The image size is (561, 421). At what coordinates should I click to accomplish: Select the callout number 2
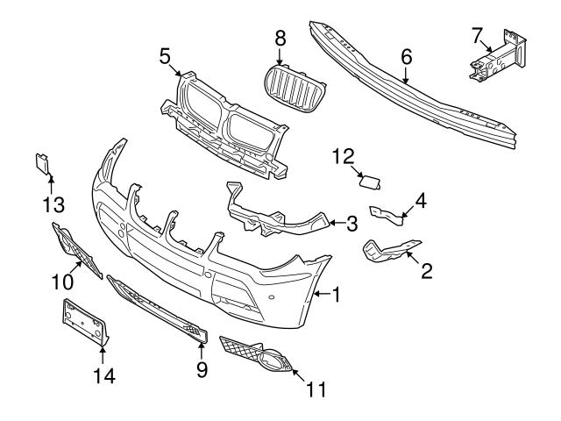(x=427, y=271)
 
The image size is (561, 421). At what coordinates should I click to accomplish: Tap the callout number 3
(x=352, y=224)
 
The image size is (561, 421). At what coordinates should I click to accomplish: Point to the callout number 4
(x=421, y=201)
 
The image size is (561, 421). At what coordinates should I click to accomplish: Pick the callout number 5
(x=165, y=57)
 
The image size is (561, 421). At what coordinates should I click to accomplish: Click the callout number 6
(x=406, y=56)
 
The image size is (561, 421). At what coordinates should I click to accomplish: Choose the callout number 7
(x=477, y=35)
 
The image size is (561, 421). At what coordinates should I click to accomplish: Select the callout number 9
(x=202, y=370)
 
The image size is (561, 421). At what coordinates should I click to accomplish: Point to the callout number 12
(x=343, y=156)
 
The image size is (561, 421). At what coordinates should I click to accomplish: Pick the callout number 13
(x=52, y=204)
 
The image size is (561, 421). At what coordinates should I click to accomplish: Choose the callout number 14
(x=103, y=376)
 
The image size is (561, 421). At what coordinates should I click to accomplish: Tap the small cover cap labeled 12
(x=370, y=182)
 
